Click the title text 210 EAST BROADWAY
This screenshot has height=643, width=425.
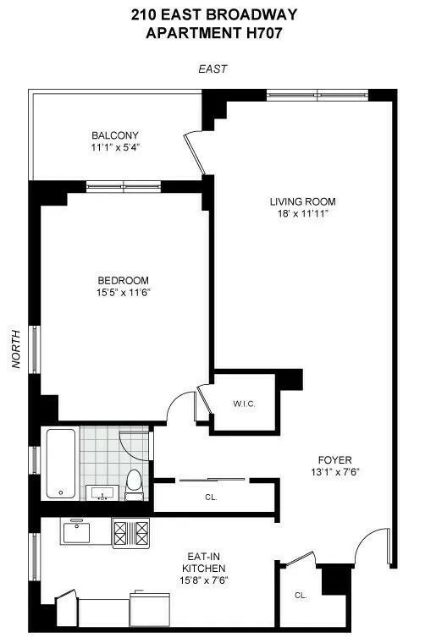point(212,14)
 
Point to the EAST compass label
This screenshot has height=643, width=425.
point(212,69)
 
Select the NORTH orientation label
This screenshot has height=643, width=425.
point(15,349)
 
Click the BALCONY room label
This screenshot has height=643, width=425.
point(114,135)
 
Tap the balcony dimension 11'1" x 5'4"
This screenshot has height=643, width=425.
point(114,147)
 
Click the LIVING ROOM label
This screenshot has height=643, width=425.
point(302,201)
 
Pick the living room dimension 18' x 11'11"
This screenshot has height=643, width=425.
point(302,214)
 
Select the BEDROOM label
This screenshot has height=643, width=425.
point(124,281)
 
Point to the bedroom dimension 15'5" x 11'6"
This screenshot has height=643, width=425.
point(124,293)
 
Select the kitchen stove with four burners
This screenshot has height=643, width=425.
point(131,533)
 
